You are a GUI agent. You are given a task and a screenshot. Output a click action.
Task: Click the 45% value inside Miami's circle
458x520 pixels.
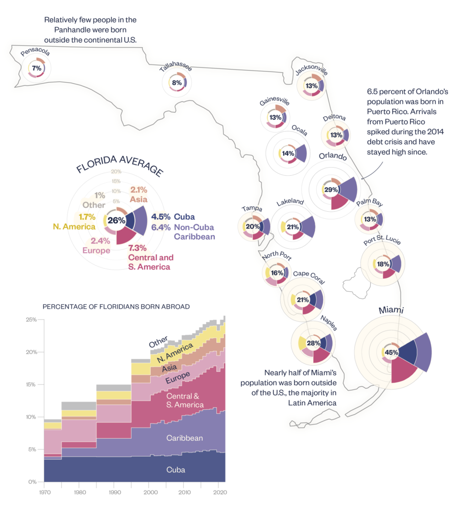[391, 352]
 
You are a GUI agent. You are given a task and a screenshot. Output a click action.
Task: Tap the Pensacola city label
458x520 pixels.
[35, 53]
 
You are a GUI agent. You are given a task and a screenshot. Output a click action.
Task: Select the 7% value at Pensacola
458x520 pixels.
[37, 68]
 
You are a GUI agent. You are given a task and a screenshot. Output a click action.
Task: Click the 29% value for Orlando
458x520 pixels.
[331, 189]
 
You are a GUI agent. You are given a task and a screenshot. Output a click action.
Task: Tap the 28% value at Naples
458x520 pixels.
[313, 343]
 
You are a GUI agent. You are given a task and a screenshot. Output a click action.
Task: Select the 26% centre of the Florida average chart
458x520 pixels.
[116, 220]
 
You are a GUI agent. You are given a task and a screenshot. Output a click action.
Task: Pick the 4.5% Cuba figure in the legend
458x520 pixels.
[160, 216]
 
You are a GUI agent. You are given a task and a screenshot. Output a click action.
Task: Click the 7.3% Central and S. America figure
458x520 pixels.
[137, 248]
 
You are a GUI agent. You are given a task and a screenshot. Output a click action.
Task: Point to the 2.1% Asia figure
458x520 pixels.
[139, 189]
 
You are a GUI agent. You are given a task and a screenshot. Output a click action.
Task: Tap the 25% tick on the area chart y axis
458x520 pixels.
[31, 319]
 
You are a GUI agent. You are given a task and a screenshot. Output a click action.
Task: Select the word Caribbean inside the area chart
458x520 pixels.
[185, 438]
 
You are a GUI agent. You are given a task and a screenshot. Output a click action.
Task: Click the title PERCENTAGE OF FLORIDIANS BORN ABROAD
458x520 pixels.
[116, 306]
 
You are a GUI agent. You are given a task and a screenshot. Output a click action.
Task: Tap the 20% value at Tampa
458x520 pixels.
[252, 226]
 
